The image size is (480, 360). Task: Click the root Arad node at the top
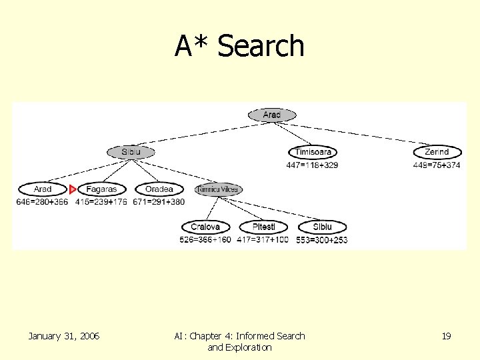pos(272,115)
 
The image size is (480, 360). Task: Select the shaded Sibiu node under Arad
pos(131,152)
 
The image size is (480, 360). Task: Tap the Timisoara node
pos(313,152)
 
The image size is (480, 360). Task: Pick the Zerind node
pos(437,152)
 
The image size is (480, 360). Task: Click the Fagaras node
pos(101,189)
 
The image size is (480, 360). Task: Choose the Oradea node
pos(159,189)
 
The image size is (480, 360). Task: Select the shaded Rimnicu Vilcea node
pos(218,190)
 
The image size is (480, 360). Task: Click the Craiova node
pos(205,227)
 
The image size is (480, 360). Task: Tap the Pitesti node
pos(263,227)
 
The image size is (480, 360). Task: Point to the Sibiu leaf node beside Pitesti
pos(322,227)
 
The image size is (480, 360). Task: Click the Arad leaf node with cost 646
pos(43,189)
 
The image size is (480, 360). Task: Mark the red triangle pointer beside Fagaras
pos(73,190)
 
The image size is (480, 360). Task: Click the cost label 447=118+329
pos(312,165)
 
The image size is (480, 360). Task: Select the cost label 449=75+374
pos(437,165)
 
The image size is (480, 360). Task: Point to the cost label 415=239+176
pos(101,201)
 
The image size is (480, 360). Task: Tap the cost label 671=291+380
pos(159,201)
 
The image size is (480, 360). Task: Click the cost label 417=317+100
pos(263,239)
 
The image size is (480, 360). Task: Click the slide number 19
pos(446,337)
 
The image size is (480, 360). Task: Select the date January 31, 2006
pos(64,337)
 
